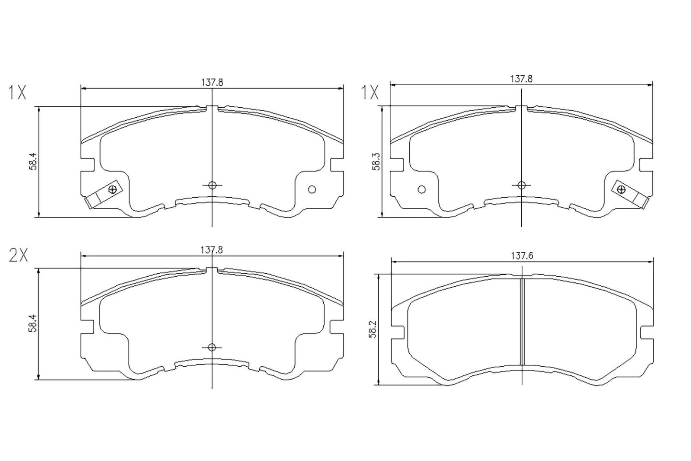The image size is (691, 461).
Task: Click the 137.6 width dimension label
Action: pos(522,256)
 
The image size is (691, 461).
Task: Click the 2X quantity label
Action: pos(19,256)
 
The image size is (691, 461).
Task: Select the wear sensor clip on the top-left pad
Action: pos(102,195)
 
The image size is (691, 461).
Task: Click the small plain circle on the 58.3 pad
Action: pos(421,190)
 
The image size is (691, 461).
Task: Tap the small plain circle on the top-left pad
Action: pos(312,190)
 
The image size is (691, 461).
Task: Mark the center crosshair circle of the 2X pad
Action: pos(212,347)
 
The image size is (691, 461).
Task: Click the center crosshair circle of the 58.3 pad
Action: pos(522,185)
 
